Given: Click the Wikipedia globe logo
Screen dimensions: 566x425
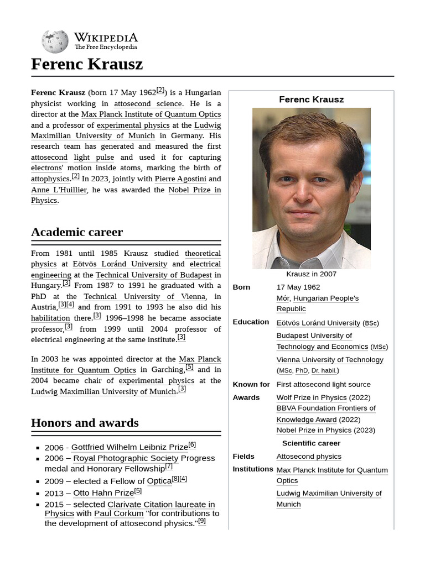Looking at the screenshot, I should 55,41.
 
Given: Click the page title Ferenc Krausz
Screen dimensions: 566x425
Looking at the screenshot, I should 87,64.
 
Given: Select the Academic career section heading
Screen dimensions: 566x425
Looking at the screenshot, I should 77,232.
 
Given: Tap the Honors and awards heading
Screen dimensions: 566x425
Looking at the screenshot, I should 85,423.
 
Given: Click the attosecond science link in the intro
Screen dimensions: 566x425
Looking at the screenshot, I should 148,103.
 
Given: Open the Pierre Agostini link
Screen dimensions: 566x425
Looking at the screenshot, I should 180,179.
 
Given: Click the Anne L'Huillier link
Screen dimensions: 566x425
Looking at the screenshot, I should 59,190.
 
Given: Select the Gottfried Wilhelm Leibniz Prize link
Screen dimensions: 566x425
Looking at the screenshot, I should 129,447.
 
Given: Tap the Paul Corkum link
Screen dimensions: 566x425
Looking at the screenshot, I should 118,513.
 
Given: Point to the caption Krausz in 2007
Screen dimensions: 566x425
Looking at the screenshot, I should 311,274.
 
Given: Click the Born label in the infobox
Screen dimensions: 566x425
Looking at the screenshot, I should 241,287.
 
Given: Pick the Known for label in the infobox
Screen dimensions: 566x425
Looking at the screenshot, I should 251,385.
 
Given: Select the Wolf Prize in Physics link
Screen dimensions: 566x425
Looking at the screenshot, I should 312,397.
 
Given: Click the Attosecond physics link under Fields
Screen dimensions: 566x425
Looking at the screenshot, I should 309,457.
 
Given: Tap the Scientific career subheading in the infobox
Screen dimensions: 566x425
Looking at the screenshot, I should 311,443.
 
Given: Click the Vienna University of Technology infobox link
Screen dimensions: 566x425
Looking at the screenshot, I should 330,360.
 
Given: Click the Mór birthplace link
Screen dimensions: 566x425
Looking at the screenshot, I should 282,298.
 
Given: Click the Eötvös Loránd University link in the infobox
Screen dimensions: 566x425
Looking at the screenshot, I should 318,323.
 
